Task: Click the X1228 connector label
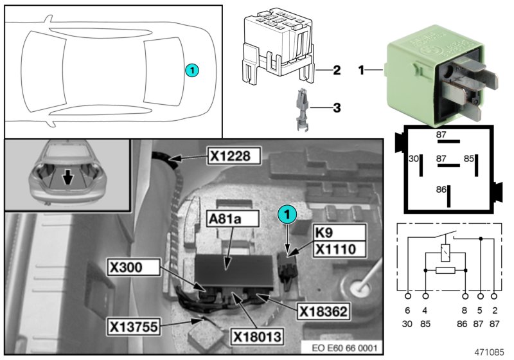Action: click(x=233, y=155)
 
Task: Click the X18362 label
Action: click(x=323, y=312)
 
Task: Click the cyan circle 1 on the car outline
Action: click(x=192, y=69)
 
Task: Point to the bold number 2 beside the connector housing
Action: click(x=335, y=70)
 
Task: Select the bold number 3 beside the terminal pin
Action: click(x=335, y=107)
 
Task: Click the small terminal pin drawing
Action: click(x=302, y=110)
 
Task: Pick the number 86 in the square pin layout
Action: click(x=440, y=190)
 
